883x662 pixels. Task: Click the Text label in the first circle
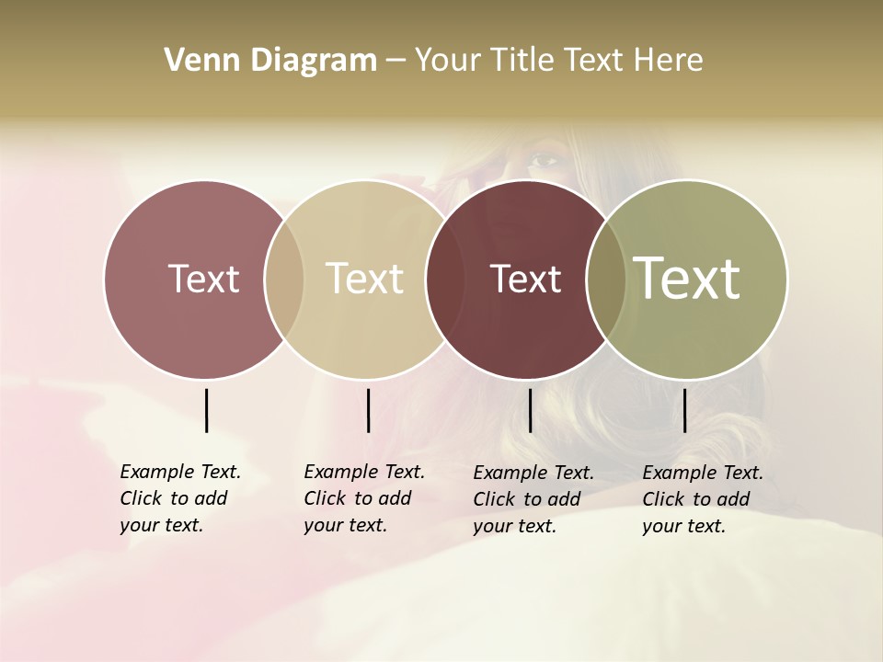click(x=203, y=279)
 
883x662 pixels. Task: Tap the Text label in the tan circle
click(x=364, y=279)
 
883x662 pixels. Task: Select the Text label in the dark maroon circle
click(x=525, y=279)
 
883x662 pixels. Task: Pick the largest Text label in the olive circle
click(x=686, y=278)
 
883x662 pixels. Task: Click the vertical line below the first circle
click(x=206, y=410)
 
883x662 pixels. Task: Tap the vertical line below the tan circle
click(x=368, y=410)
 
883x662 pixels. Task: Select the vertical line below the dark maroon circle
click(x=530, y=410)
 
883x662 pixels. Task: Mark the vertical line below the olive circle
click(x=685, y=410)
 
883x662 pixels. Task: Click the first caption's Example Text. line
click(x=180, y=472)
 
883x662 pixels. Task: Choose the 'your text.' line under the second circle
click(x=345, y=526)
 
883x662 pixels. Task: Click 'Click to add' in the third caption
click(x=527, y=499)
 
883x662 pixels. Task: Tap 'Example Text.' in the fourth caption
click(x=703, y=473)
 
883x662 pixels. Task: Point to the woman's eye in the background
click(x=545, y=160)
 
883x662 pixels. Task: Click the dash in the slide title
click(x=396, y=62)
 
